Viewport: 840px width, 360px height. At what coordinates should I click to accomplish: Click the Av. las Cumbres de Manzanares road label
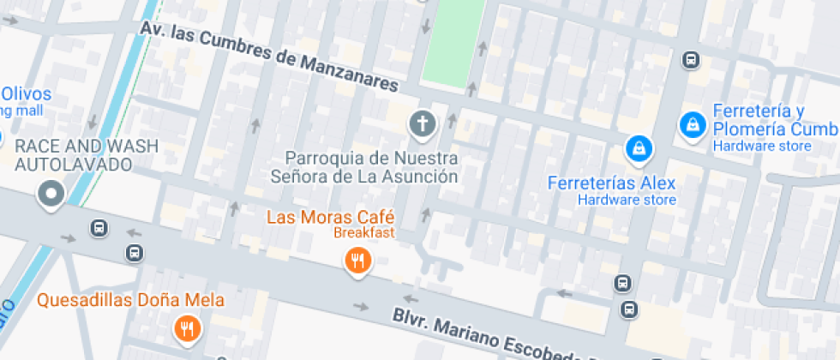click(x=270, y=57)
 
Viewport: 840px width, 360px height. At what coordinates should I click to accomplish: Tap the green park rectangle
click(x=452, y=41)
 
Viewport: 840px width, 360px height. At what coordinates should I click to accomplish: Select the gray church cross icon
click(x=422, y=125)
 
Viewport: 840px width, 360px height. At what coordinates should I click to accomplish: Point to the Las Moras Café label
click(x=330, y=216)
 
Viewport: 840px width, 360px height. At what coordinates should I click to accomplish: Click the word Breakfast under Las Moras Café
click(x=363, y=232)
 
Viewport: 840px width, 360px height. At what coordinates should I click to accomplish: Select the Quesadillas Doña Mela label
click(x=130, y=300)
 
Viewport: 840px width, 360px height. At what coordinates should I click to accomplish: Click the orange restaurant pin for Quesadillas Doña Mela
click(x=186, y=327)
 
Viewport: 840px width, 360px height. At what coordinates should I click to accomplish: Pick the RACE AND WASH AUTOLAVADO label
click(x=86, y=154)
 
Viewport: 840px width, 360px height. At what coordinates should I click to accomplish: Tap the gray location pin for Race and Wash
click(x=51, y=195)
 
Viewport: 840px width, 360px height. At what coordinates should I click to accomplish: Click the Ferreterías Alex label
click(x=612, y=183)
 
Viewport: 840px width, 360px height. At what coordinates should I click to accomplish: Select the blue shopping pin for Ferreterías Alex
click(x=638, y=150)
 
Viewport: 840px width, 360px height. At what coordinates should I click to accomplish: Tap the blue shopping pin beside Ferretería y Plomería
click(x=692, y=125)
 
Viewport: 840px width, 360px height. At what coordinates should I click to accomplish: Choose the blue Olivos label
click(x=26, y=94)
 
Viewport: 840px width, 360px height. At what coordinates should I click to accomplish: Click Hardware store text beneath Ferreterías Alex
click(x=627, y=201)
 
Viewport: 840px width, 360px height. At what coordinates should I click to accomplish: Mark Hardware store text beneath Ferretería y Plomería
click(x=762, y=147)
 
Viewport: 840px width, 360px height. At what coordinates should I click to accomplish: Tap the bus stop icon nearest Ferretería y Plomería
click(x=691, y=60)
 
